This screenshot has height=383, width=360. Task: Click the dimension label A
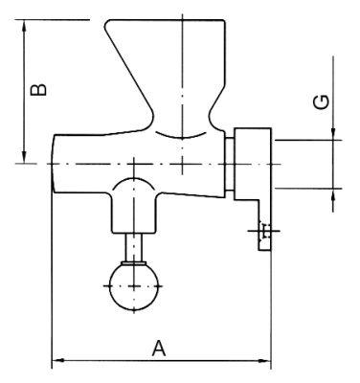(x=160, y=348)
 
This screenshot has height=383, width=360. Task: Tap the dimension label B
(x=36, y=91)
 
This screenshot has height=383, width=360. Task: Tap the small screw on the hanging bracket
(x=264, y=230)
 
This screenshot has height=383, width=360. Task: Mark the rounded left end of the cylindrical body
(x=56, y=164)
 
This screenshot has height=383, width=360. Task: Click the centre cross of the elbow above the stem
(x=133, y=191)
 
